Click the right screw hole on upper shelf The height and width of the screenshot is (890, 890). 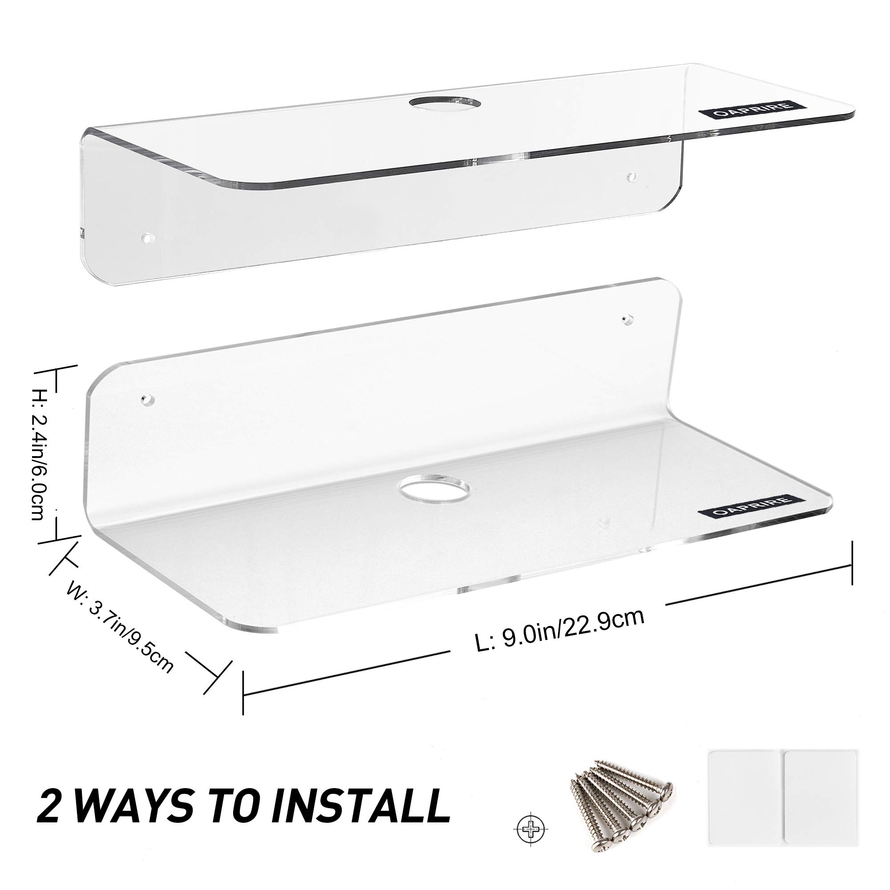tap(632, 176)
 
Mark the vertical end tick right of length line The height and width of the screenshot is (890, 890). tap(852, 562)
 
